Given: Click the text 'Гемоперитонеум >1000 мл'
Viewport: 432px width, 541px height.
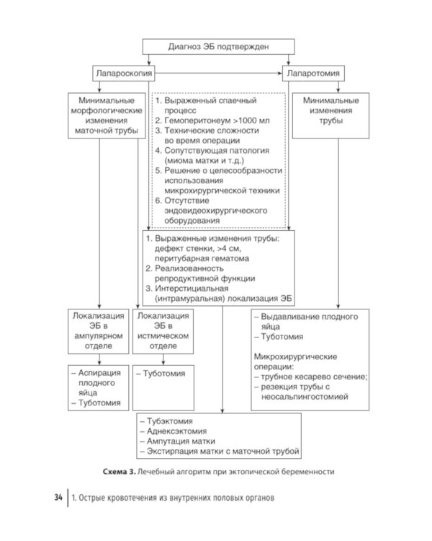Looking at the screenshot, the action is pyautogui.click(x=217, y=120).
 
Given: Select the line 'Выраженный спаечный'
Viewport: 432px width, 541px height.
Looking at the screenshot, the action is pyautogui.click(x=210, y=101).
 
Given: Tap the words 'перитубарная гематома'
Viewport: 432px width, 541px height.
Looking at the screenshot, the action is pyautogui.click(x=202, y=258).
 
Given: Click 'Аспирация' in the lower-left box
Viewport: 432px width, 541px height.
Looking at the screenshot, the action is pyautogui.click(x=99, y=373).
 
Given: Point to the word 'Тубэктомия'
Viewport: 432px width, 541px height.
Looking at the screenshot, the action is pyautogui.click(x=170, y=421).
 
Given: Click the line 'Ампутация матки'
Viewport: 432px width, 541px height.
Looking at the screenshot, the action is pyautogui.click(x=181, y=441).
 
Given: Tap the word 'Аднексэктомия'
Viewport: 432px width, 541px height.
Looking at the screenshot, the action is pyautogui.click(x=176, y=431).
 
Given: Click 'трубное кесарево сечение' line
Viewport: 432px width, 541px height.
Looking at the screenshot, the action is pyautogui.click(x=314, y=377).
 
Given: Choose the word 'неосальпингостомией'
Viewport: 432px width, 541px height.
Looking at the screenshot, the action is pyautogui.click(x=305, y=397).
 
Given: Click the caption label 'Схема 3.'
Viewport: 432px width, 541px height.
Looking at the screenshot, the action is pyautogui.click(x=120, y=472).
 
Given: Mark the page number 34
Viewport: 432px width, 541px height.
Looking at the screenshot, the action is pyautogui.click(x=58, y=498).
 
